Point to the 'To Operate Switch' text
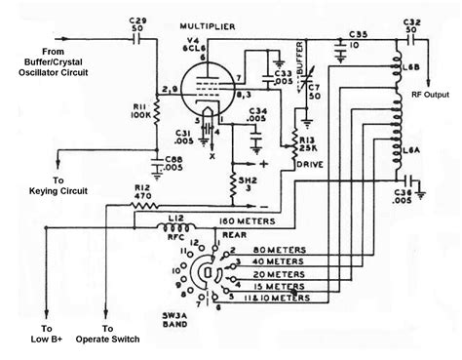[136, 334]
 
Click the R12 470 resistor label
[114, 193]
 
